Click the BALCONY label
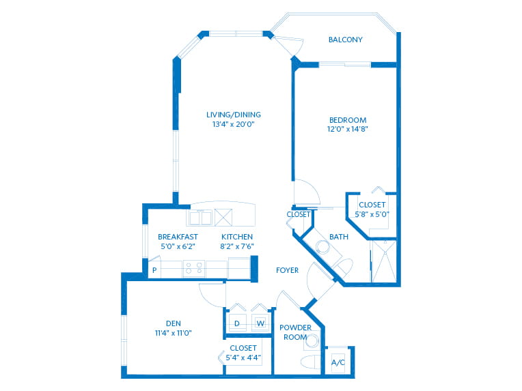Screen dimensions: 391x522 (x=345, y=40)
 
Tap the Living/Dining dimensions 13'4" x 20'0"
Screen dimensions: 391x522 (x=234, y=125)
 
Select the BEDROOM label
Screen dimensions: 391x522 (x=347, y=120)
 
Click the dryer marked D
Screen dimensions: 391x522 (x=237, y=323)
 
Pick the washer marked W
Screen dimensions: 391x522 (x=260, y=323)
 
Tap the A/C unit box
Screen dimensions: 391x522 (x=338, y=362)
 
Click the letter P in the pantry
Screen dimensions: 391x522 (x=154, y=270)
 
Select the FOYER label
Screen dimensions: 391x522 (x=287, y=270)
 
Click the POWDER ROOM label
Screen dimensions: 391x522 (x=295, y=332)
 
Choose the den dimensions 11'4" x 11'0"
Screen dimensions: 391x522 (x=172, y=333)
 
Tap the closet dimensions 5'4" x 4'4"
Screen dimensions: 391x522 (x=243, y=358)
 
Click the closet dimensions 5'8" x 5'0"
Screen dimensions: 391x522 (x=372, y=214)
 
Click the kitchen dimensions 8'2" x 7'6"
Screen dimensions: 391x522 (x=237, y=246)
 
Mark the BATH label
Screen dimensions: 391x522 (x=338, y=237)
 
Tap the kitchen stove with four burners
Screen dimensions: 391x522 (x=194, y=268)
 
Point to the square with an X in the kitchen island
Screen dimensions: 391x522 (x=223, y=217)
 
